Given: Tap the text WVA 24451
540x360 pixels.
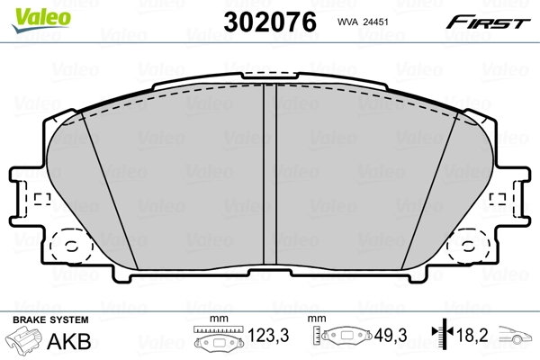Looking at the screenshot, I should (x=362, y=21).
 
